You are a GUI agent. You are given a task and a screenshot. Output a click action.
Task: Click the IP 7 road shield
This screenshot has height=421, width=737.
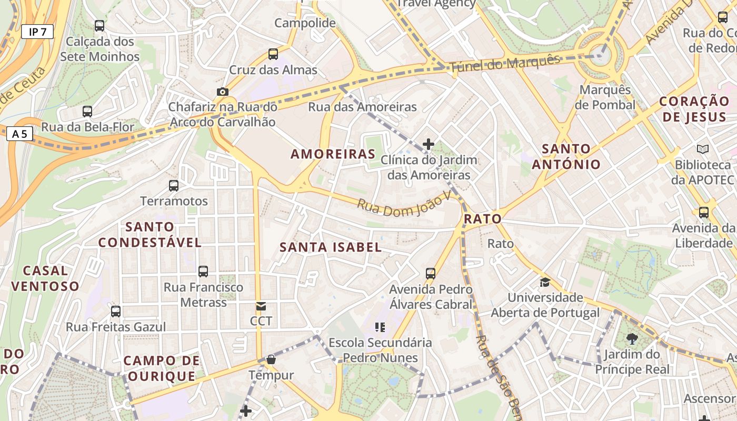tap(37, 32)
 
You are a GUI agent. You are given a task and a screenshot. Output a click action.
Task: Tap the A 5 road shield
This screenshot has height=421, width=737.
tap(19, 134)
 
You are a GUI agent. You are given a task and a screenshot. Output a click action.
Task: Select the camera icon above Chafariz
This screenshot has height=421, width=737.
tap(223, 92)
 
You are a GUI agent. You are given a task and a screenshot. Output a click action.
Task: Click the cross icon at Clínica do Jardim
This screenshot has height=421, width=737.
tap(429, 144)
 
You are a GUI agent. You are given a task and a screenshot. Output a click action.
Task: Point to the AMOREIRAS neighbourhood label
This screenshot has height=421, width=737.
tap(333, 154)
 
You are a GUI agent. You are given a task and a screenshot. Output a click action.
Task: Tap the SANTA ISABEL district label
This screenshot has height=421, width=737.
tap(330, 247)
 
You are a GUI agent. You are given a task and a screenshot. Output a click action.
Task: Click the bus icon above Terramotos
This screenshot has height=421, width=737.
tap(174, 185)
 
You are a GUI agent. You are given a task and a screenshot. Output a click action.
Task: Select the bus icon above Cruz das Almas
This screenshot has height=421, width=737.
tap(273, 54)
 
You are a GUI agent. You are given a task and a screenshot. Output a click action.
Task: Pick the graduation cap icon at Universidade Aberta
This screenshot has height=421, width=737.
tap(545, 282)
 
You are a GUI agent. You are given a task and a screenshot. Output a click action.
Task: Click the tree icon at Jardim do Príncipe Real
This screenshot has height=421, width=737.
tap(632, 339)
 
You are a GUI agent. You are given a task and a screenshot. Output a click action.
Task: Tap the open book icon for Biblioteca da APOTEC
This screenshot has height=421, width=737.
tap(702, 149)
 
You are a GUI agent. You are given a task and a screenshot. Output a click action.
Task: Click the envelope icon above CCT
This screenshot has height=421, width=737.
tap(261, 306)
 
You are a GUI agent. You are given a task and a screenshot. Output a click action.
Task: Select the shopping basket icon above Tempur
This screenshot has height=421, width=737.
tap(271, 360)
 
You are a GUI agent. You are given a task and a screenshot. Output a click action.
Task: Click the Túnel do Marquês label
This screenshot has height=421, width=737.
tap(504, 64)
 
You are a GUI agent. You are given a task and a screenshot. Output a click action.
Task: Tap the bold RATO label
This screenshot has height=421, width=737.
tap(482, 219)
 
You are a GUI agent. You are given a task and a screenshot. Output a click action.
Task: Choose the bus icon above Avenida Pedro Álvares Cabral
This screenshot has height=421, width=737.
tap(431, 273)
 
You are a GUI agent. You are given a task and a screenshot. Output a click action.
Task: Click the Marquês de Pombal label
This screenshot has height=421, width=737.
tap(605, 97)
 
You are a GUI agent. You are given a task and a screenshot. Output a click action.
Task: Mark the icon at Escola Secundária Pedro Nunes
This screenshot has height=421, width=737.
tap(380, 327)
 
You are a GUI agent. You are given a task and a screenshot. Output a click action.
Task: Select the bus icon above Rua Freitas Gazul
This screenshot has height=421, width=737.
tap(116, 312)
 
